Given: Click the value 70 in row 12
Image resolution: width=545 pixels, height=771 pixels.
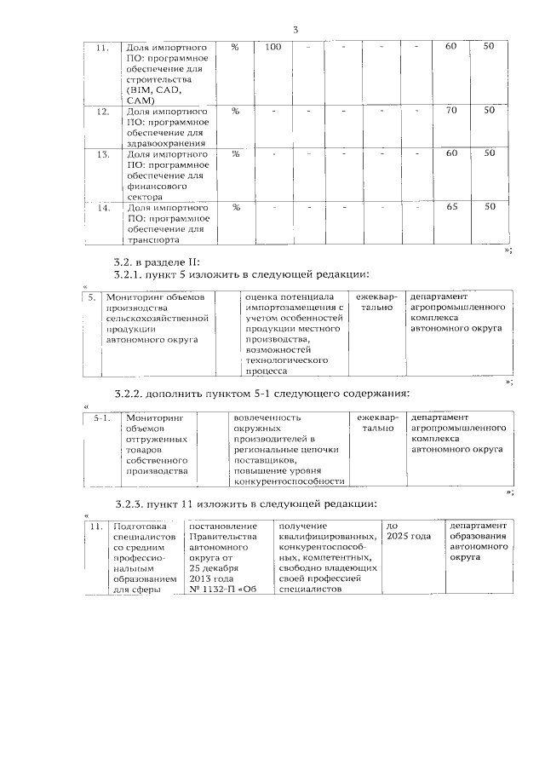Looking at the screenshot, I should pyautogui.click(x=451, y=111).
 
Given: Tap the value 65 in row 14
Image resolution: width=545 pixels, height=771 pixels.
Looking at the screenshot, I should pyautogui.click(x=451, y=207).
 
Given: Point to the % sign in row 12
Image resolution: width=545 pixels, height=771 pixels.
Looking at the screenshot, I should pyautogui.click(x=235, y=111).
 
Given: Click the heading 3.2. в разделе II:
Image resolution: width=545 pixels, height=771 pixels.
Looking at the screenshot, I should pyautogui.click(x=156, y=262).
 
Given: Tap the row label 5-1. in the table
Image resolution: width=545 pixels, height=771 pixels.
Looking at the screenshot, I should pyautogui.click(x=102, y=418).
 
